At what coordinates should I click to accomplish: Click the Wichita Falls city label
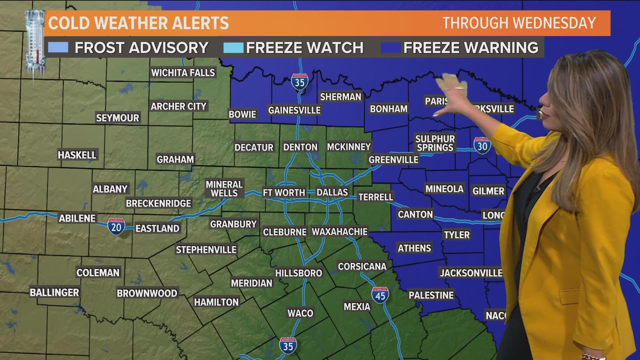[183, 73]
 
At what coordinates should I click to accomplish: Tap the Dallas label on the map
[332, 192]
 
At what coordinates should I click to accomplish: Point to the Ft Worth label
[284, 193]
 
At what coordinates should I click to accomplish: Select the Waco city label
[300, 313]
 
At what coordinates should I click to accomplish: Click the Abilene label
[77, 218]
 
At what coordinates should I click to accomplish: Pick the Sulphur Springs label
[435, 143]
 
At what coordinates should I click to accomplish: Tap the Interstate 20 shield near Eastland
[116, 227]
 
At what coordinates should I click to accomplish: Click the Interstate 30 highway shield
[482, 146]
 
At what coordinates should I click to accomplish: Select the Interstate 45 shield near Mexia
[380, 295]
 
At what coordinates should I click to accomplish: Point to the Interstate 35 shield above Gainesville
[299, 82]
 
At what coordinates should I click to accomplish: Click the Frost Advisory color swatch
[58, 48]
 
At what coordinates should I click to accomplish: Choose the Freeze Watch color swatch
[233, 48]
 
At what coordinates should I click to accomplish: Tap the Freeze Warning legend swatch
[391, 48]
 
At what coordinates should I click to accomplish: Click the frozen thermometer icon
[35, 43]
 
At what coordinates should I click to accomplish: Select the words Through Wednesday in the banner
[519, 23]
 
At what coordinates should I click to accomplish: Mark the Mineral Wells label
[224, 189]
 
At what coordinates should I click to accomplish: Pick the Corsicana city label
[362, 266]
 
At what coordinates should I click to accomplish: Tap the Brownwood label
[147, 293]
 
